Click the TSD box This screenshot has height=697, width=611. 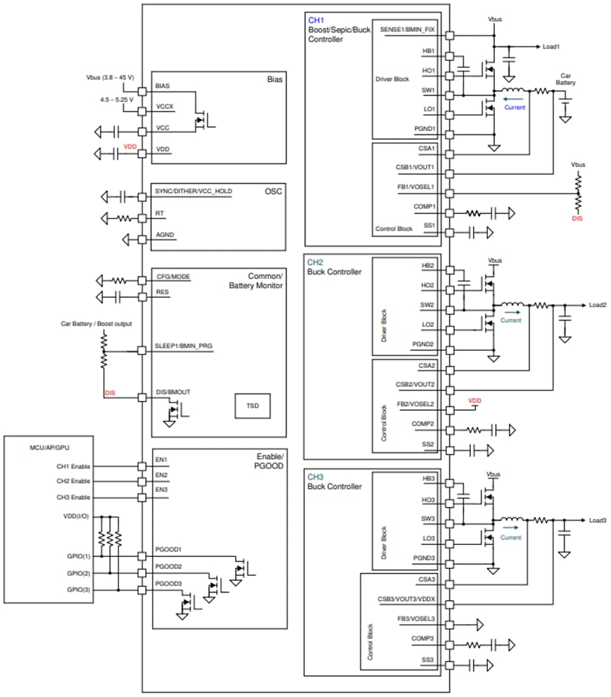tap(252, 406)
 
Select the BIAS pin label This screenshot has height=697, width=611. tap(163, 85)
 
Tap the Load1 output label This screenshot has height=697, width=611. tap(551, 47)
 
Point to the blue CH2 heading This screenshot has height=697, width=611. tap(315, 262)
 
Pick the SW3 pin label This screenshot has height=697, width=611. tap(428, 519)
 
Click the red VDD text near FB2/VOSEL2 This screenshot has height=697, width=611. tap(475, 400)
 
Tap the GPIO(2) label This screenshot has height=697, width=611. tap(78, 573)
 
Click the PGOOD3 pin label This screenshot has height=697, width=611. tap(169, 584)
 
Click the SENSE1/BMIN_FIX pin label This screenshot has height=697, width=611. tap(408, 30)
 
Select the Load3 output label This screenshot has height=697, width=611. tap(598, 521)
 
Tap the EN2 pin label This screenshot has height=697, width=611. tap(161, 475)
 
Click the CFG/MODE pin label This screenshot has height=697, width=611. tap(173, 276)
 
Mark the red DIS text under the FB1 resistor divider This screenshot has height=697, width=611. tap(577, 219)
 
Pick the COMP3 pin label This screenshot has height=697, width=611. tap(422, 639)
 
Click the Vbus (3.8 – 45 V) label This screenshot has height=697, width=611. tap(110, 77)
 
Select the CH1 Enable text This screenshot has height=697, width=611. tap(73, 466)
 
